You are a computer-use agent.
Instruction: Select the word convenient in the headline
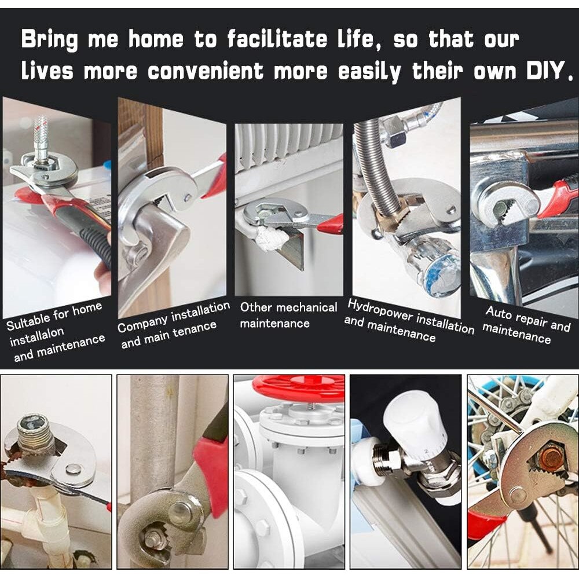coord(206,71)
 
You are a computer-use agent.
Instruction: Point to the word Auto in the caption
coord(499,313)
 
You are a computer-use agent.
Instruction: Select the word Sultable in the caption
coord(28,323)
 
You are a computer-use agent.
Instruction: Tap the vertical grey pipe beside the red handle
coord(153,436)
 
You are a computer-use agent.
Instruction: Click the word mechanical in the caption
coord(306,307)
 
